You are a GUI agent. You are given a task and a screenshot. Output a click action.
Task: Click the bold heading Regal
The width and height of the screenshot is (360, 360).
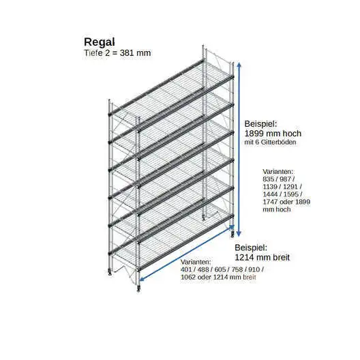[x=100, y=42]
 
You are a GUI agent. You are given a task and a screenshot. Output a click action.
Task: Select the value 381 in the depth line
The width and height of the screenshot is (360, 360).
[x=127, y=53]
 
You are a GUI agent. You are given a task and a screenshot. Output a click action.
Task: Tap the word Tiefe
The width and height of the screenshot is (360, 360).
[x=93, y=53]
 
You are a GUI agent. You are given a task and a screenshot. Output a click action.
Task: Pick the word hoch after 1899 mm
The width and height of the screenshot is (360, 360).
[x=292, y=134]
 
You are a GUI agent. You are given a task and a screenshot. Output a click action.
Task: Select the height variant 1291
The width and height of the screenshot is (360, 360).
[x=290, y=187]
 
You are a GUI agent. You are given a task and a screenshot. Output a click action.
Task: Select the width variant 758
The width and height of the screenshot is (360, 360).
[x=237, y=269]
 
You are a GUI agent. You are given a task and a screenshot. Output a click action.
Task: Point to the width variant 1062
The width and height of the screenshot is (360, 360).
[x=188, y=277]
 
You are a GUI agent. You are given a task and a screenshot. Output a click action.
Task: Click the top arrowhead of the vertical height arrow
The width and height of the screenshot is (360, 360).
[x=239, y=65]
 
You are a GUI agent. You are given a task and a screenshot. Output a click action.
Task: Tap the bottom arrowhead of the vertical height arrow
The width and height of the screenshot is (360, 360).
[x=239, y=234]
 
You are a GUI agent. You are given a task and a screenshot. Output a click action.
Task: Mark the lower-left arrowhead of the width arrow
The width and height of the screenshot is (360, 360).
[x=142, y=279]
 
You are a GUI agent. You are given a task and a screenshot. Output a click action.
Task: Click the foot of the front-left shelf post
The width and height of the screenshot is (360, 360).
[x=138, y=288]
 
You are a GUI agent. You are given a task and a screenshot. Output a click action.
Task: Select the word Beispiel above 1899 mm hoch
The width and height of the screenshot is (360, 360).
[x=260, y=124]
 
